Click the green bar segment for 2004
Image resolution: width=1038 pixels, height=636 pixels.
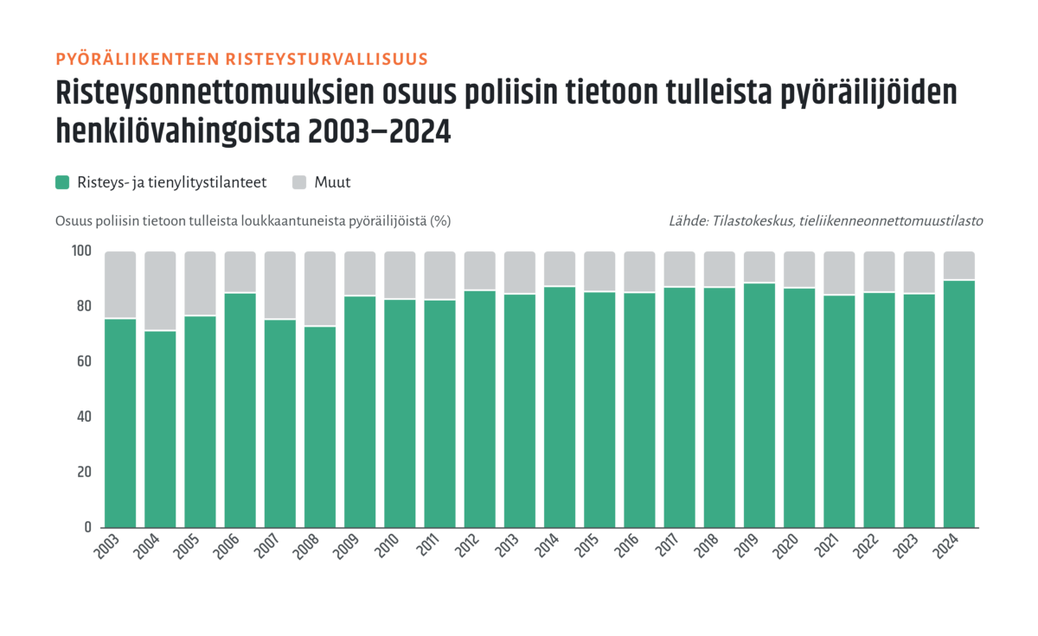tap(160, 429)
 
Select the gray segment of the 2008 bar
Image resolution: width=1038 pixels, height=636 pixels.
tap(320, 289)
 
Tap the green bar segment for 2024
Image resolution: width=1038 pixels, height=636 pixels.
tap(959, 404)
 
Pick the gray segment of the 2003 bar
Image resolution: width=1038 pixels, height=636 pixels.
tap(120, 284)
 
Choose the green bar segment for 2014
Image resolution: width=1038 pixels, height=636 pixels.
tap(560, 407)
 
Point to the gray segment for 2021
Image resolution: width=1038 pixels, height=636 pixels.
tap(839, 273)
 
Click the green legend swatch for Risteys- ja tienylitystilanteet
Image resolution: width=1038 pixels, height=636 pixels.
tap(62, 182)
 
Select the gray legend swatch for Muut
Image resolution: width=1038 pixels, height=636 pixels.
tap(299, 182)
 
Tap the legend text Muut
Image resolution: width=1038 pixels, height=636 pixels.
tap(332, 182)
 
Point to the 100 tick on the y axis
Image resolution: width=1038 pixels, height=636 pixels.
tap(81, 251)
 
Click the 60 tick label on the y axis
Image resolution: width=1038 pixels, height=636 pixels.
tap(85, 361)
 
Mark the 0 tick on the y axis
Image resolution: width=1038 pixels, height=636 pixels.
tap(88, 527)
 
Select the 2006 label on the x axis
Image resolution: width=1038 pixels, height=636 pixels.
tap(226, 547)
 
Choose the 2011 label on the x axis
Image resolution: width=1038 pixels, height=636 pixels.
tap(427, 545)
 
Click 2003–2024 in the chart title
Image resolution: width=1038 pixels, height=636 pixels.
tap(380, 131)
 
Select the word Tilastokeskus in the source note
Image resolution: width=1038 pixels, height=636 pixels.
tap(753, 221)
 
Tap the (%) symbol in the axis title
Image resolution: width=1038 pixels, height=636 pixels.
tap(440, 221)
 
